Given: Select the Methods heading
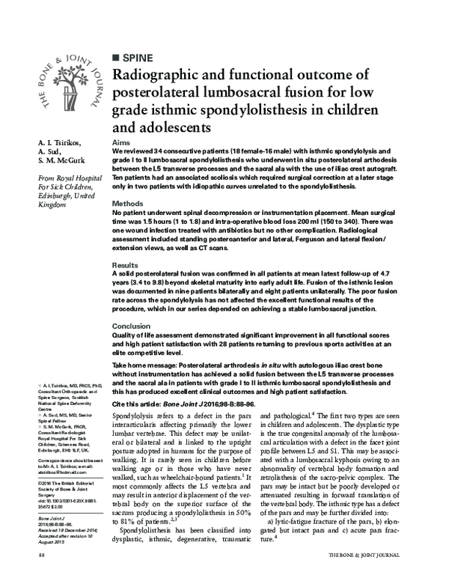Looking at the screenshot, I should point(128,204).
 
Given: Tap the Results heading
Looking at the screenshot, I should point(126,266).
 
